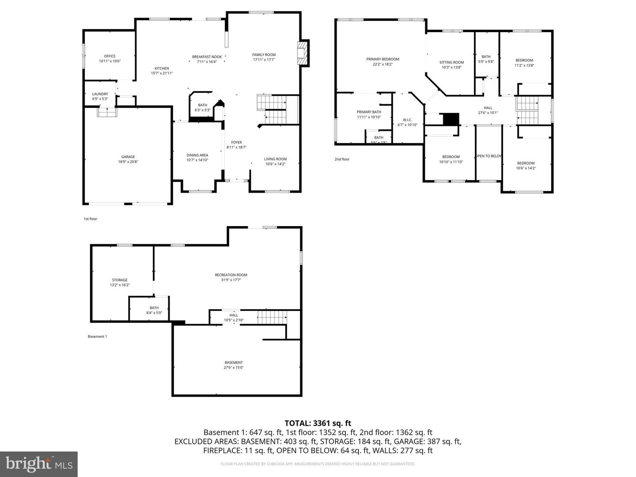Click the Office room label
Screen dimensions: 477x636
click(110, 56)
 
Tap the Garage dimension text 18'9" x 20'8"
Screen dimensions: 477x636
click(128, 162)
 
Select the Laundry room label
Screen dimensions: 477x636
click(100, 94)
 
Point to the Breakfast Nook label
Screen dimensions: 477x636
click(207, 57)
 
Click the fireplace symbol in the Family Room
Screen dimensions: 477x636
click(303, 53)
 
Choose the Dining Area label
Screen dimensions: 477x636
click(197, 155)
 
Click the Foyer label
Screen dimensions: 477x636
click(236, 142)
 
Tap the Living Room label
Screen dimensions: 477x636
click(275, 159)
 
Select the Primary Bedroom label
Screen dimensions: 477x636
click(382, 59)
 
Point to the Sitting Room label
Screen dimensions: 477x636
click(451, 62)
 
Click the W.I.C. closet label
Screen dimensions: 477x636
click(407, 120)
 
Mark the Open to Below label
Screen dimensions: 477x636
click(488, 156)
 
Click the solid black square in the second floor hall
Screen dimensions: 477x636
click(451, 119)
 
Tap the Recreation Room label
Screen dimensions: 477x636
click(231, 275)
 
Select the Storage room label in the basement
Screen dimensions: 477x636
click(119, 280)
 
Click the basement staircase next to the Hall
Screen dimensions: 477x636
click(272, 317)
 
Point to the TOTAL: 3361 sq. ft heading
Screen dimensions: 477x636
click(318, 423)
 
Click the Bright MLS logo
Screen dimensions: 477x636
click(39, 464)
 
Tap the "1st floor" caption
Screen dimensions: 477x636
click(90, 219)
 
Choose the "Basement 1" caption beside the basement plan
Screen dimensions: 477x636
click(97, 337)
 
